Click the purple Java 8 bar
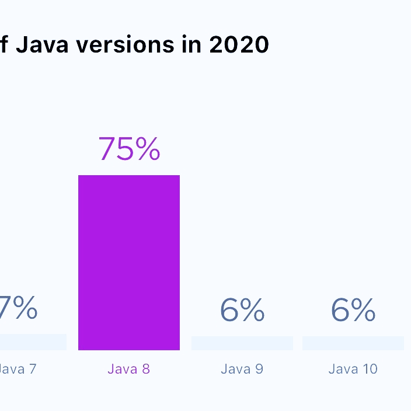129,263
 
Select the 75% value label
129,149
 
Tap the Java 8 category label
129,369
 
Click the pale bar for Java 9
242,343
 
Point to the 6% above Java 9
242,310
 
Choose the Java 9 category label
242,369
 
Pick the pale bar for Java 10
353,343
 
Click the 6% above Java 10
353,310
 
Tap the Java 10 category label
353,369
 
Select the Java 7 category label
18,369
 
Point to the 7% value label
19,309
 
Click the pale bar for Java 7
33,342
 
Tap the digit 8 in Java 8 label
145,369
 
